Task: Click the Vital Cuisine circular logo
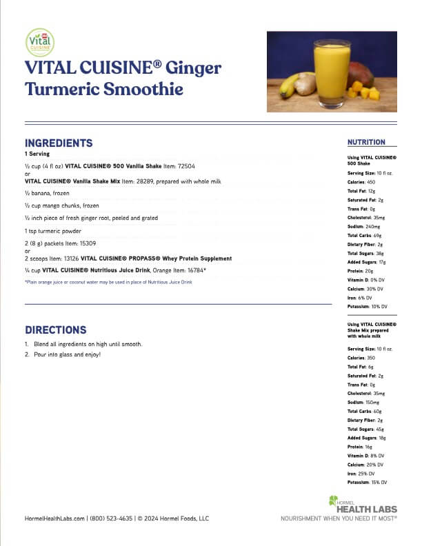point(39,42)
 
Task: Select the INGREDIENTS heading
point(59,143)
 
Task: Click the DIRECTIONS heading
point(56,330)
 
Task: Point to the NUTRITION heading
point(366,142)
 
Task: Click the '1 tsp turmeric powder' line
point(52,231)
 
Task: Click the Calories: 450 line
point(361,181)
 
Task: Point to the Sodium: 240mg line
point(363,225)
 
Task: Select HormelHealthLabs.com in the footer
point(54,518)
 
